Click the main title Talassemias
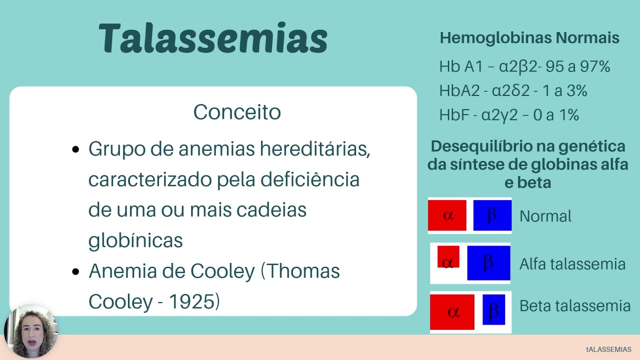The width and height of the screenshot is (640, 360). (x=213, y=38)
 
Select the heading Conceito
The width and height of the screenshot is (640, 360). (x=237, y=112)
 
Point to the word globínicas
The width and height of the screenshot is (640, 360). (x=135, y=240)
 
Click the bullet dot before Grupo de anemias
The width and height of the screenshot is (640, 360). (x=76, y=149)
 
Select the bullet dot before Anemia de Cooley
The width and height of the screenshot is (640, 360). (x=76, y=272)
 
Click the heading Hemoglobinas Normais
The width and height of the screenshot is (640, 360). (x=529, y=38)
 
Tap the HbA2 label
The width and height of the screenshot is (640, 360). (x=459, y=91)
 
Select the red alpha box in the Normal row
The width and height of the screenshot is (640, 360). (x=447, y=215)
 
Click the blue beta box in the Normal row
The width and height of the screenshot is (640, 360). (x=492, y=215)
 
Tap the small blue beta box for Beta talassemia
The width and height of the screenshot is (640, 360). (x=493, y=309)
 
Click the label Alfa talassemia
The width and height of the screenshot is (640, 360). (x=572, y=264)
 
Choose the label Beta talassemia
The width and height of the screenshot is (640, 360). (x=575, y=305)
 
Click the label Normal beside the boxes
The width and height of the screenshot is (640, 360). (x=545, y=216)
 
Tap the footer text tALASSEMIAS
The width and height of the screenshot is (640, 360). (x=608, y=349)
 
